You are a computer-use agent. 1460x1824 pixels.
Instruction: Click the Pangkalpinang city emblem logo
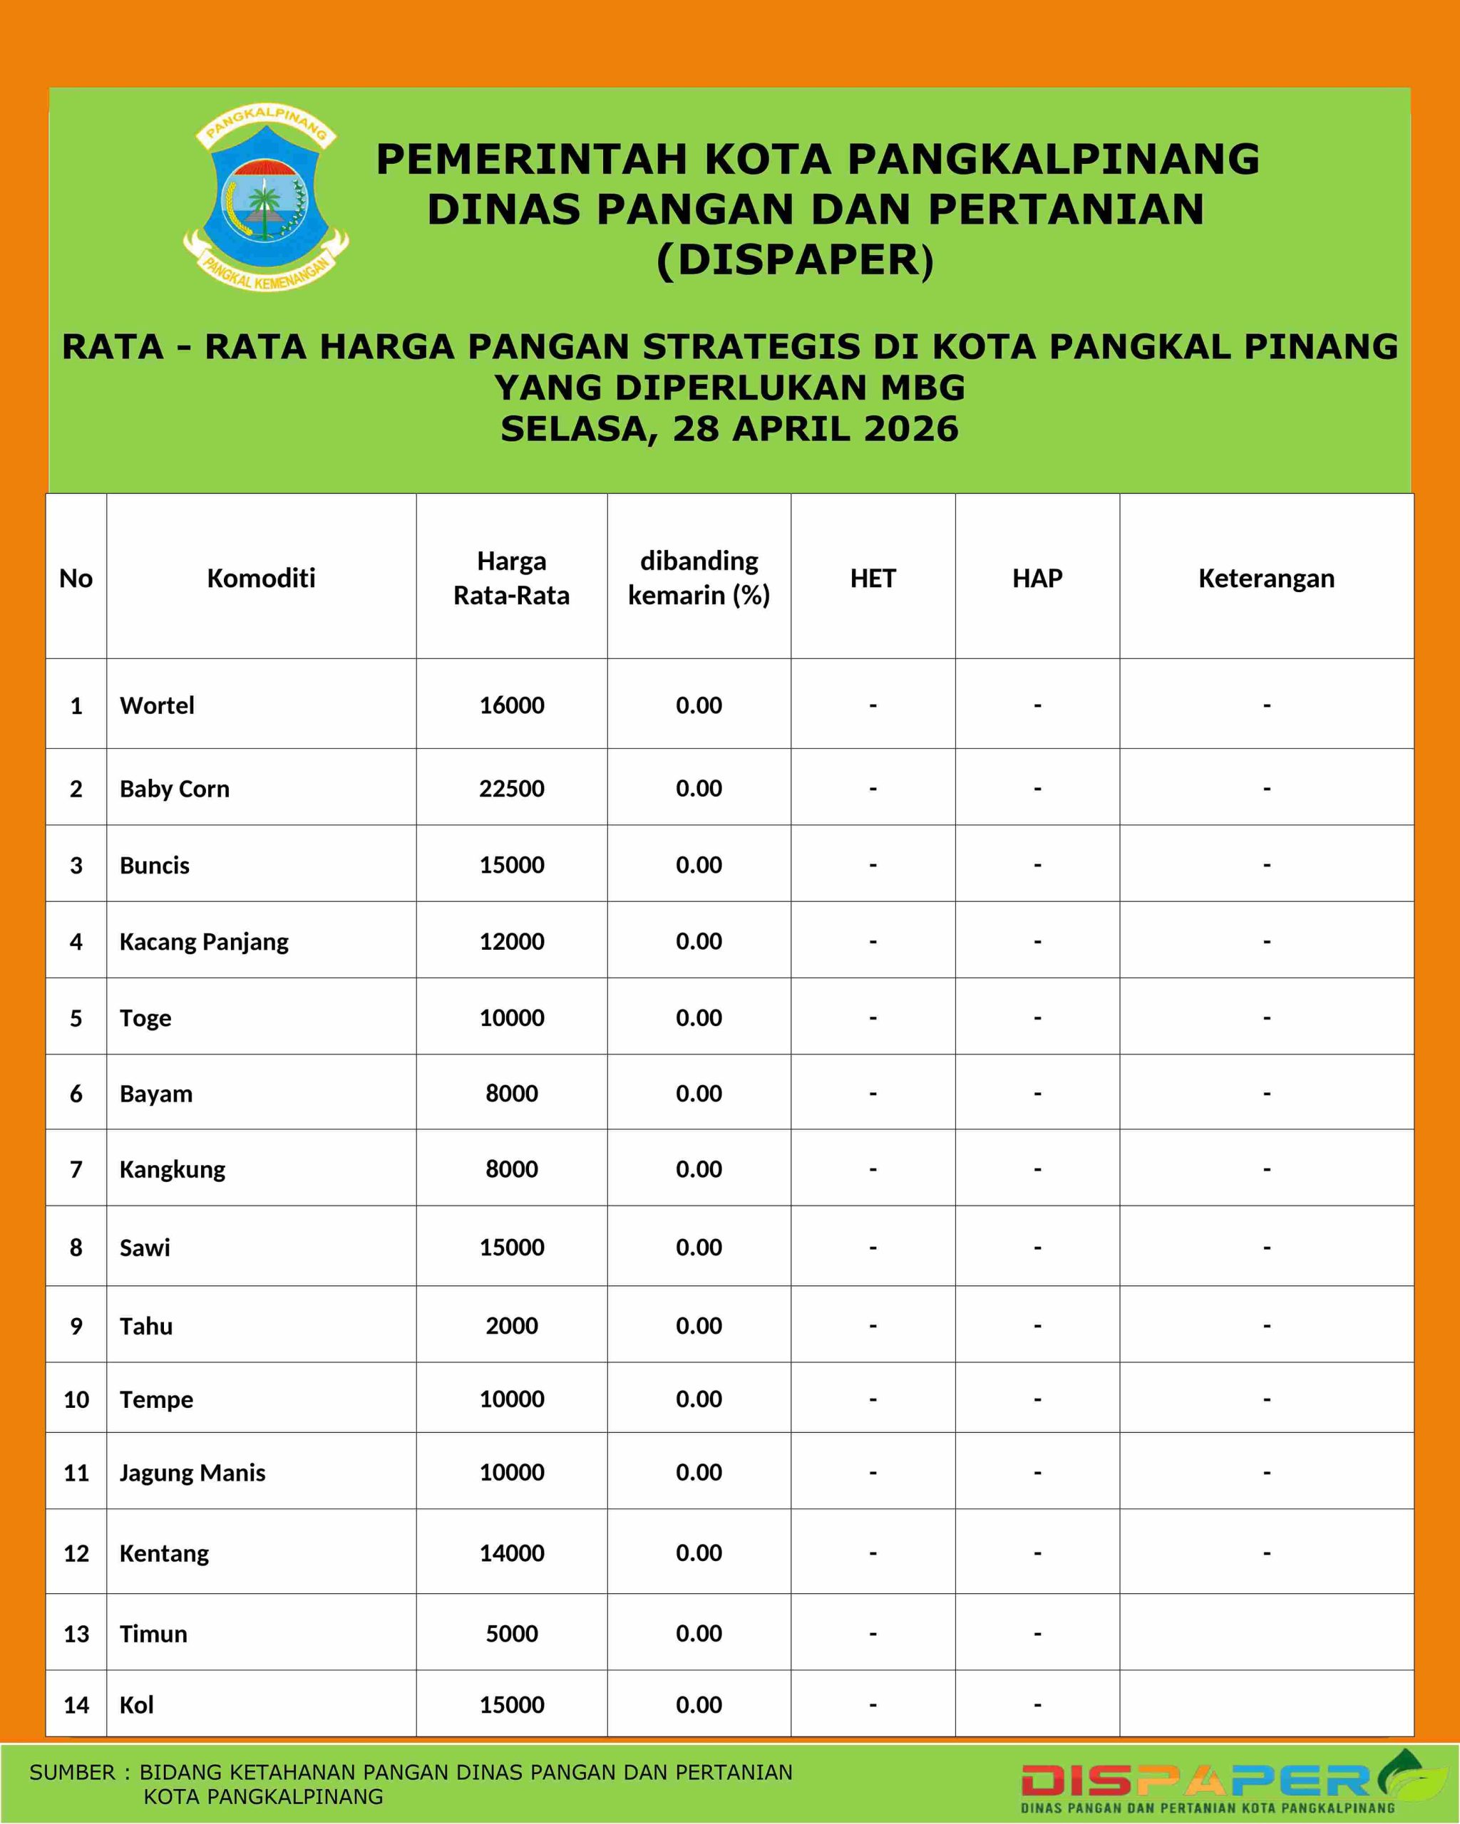click(x=266, y=198)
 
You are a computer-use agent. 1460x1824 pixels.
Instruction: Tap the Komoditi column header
click(x=261, y=579)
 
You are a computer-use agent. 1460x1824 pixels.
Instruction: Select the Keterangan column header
click(x=1266, y=579)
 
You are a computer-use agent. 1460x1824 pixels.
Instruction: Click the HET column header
click(x=873, y=579)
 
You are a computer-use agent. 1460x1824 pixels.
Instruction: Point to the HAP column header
click(x=1037, y=579)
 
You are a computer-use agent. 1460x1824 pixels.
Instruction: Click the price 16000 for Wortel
click(x=511, y=705)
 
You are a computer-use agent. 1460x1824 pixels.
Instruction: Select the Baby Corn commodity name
click(x=175, y=789)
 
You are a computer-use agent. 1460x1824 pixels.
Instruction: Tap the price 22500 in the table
click(x=511, y=789)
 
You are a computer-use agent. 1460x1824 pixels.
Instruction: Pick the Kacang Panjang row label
click(x=204, y=942)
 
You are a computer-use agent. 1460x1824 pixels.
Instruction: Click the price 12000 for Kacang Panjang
click(x=511, y=942)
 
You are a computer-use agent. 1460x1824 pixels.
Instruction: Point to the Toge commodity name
click(x=145, y=1017)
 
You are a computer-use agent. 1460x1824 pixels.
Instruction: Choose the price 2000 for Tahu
click(x=511, y=1326)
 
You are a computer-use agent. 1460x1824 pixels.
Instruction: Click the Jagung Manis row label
click(x=192, y=1473)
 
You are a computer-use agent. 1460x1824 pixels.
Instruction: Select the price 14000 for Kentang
click(x=511, y=1553)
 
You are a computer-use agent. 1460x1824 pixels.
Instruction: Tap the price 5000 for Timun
click(x=511, y=1634)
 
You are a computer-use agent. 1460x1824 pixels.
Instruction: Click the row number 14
click(x=76, y=1705)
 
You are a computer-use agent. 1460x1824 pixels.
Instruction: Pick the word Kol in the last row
click(x=136, y=1705)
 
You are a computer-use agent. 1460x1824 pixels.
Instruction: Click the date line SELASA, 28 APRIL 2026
click(x=729, y=429)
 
